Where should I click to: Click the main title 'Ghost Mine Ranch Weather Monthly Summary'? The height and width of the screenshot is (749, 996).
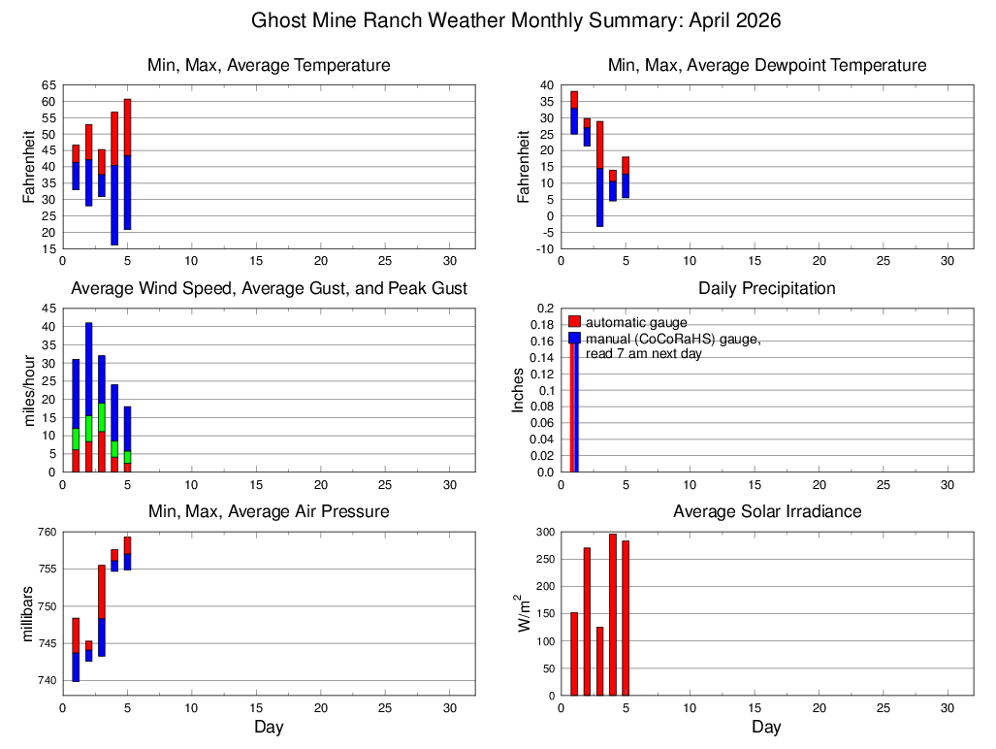click(x=516, y=20)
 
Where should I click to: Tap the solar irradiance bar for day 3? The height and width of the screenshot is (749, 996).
click(x=600, y=661)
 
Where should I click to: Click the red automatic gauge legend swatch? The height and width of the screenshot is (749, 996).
click(x=574, y=321)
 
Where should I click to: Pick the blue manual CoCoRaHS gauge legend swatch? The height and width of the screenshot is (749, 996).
click(x=574, y=338)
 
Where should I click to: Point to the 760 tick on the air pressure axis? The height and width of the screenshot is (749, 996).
click(x=48, y=532)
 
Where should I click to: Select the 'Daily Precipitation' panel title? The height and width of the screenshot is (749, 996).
click(x=766, y=288)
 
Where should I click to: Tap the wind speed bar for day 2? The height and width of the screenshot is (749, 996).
click(x=88, y=397)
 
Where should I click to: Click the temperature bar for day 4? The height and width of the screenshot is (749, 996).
click(x=114, y=179)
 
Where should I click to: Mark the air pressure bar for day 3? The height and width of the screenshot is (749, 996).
click(x=102, y=610)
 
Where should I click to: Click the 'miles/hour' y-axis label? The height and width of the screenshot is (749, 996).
click(x=29, y=390)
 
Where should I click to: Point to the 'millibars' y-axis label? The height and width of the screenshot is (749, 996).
click(x=29, y=613)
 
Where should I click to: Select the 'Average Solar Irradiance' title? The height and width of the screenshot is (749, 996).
click(x=766, y=511)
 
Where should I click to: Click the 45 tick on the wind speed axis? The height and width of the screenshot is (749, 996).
click(x=48, y=309)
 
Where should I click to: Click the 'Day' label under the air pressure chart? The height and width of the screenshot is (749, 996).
click(x=269, y=727)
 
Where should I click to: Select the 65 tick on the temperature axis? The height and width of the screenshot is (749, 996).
click(x=48, y=85)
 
